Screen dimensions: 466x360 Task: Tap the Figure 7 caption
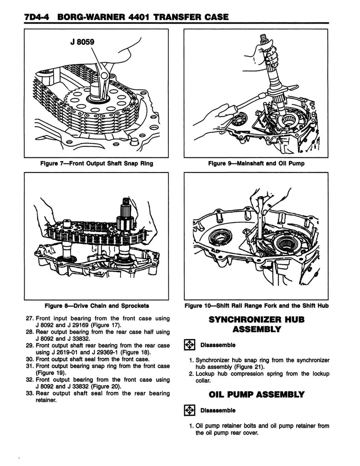point(94,163)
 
